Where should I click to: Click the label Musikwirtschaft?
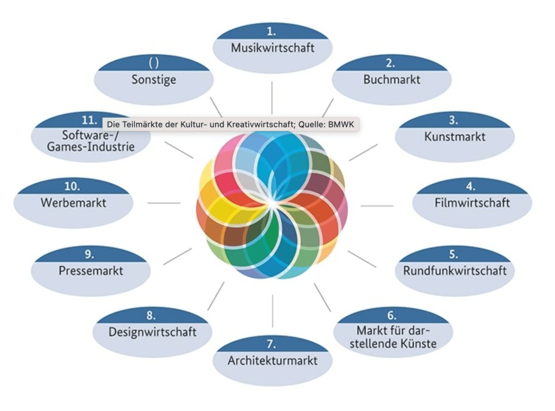[272, 48]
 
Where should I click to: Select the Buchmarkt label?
[391, 79]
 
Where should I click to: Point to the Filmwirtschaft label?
[472, 203]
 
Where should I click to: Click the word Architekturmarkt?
[272, 360]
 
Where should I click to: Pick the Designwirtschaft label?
[152, 331]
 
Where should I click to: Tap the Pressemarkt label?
[91, 270]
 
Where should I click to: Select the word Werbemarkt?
[73, 203]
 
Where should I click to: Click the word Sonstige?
[153, 79]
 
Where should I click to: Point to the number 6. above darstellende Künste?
[391, 316]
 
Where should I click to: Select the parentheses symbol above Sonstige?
[153, 63]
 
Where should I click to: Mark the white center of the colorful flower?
[271, 203]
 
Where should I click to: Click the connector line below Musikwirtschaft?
[272, 98]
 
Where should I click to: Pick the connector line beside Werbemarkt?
[164, 203]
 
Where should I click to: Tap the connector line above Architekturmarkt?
[272, 311]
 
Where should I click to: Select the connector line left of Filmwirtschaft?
[377, 206]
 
